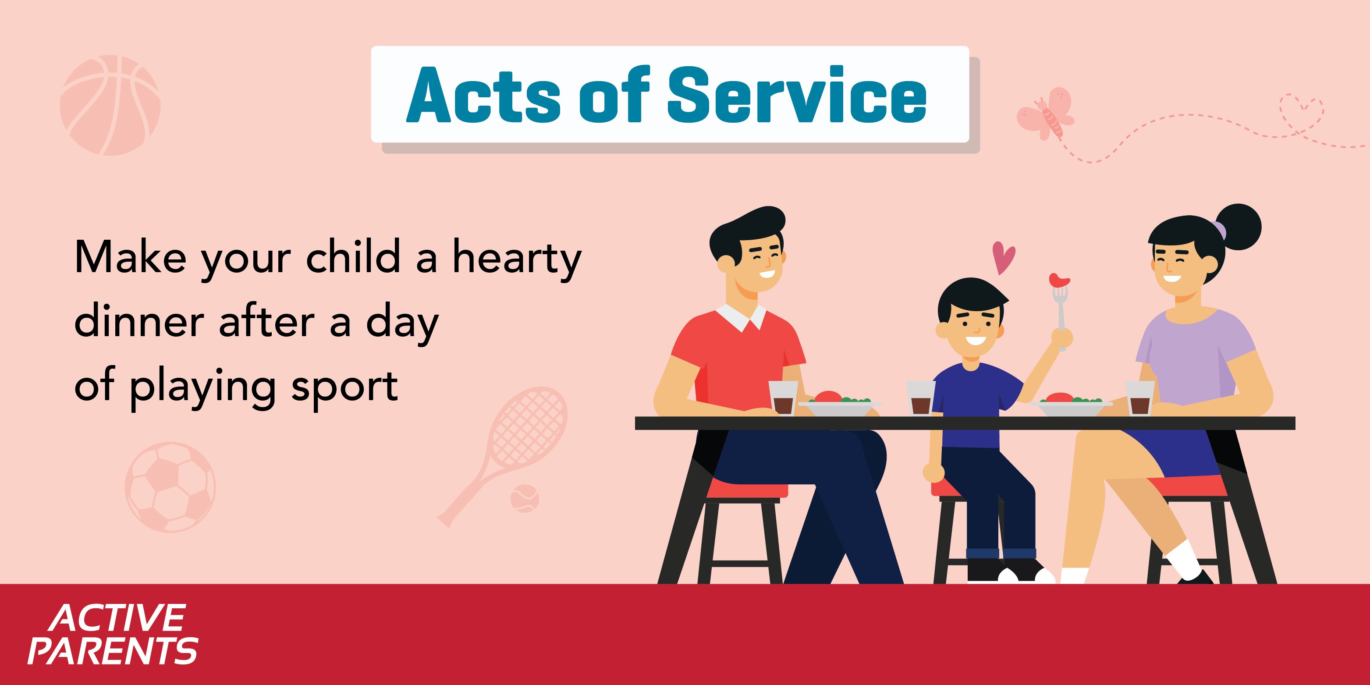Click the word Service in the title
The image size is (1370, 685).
(796, 95)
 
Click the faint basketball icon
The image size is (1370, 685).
(110, 105)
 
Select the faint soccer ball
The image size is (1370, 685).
(170, 487)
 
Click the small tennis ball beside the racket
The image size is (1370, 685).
(525, 499)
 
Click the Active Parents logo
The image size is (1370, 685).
(113, 634)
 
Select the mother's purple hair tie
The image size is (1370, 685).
(1219, 230)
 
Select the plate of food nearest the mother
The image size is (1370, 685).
(1071, 405)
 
